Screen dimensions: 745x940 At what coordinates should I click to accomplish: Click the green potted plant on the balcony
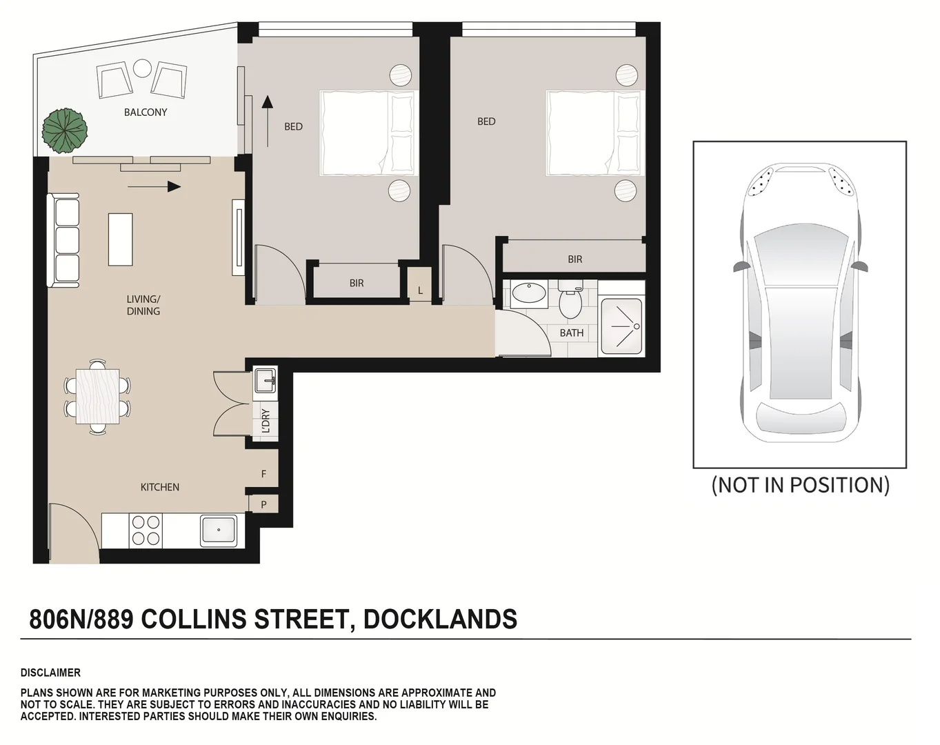(x=64, y=130)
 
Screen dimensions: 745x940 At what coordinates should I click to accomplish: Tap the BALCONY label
(x=145, y=112)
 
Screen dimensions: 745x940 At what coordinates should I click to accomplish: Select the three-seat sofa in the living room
(x=63, y=240)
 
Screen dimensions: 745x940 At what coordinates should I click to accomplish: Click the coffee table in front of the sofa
(x=120, y=239)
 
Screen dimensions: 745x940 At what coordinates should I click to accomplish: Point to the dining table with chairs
(x=97, y=397)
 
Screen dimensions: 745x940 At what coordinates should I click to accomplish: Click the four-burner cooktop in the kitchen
(x=146, y=530)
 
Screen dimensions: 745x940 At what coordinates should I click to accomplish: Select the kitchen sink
(x=219, y=530)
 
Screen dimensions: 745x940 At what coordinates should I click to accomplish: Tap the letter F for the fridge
(x=263, y=474)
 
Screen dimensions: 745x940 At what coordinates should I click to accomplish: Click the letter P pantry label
(x=263, y=504)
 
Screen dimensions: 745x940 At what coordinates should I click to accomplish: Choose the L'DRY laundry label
(x=266, y=421)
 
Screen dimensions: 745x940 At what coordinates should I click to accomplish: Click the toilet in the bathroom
(x=570, y=301)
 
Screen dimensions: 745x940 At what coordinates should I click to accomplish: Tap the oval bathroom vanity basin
(x=529, y=295)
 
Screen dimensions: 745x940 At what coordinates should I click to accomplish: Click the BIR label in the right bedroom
(x=574, y=259)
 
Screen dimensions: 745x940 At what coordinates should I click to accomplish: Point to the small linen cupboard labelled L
(x=420, y=290)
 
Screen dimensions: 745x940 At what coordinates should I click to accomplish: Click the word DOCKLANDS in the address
(x=440, y=619)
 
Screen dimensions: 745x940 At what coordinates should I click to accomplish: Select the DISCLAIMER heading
(x=50, y=673)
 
